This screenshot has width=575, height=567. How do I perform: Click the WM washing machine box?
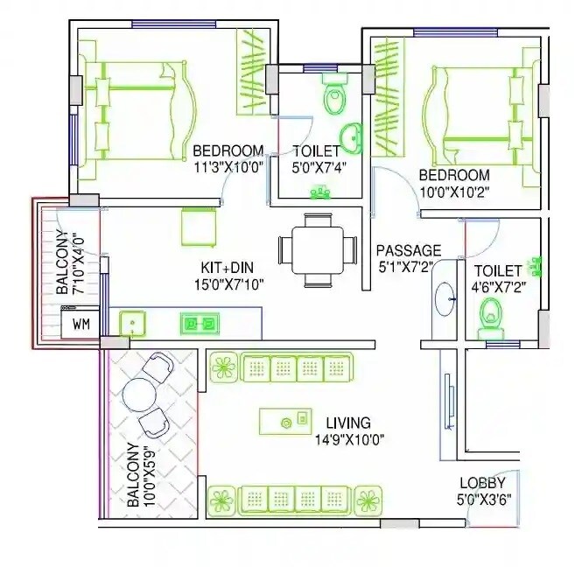click(81, 324)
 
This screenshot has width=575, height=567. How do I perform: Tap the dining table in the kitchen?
click(318, 250)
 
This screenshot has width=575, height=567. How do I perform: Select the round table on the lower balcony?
click(141, 395)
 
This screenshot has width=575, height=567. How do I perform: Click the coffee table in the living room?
click(285, 422)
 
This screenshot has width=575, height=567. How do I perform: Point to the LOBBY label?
click(482, 483)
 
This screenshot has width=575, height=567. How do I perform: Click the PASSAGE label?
click(408, 251)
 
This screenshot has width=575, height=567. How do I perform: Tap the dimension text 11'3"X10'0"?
click(228, 166)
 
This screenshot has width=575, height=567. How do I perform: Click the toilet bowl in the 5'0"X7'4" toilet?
click(334, 96)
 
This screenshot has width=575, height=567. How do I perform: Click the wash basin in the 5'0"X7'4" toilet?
click(354, 136)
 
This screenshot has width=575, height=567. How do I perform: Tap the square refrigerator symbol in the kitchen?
click(199, 227)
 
